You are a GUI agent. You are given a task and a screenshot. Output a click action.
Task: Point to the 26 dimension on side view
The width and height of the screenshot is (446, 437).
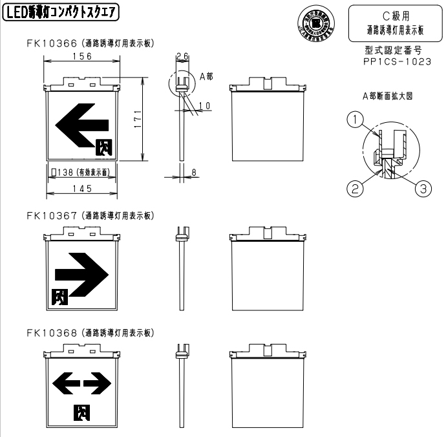click(x=182, y=57)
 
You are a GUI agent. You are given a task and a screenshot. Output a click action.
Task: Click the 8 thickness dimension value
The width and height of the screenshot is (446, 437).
click(x=195, y=173)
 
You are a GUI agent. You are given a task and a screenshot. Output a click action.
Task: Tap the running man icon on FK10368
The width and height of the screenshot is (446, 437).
click(x=81, y=411)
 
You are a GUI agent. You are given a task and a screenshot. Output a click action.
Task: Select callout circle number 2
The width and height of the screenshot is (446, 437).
click(x=354, y=189)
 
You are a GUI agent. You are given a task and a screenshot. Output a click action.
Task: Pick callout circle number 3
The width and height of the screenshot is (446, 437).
click(x=421, y=189)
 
